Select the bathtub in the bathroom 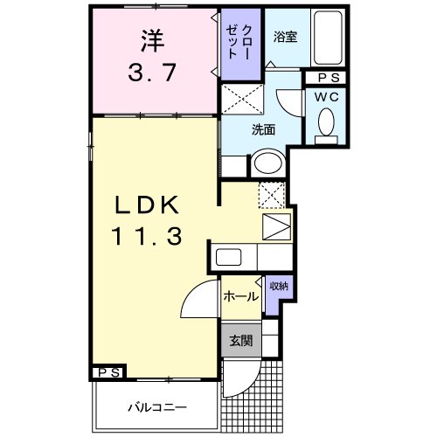[x=328, y=39]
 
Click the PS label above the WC [x=325, y=78]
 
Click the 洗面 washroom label [x=264, y=129]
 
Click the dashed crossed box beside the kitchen [x=273, y=197]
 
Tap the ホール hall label [x=240, y=296]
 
